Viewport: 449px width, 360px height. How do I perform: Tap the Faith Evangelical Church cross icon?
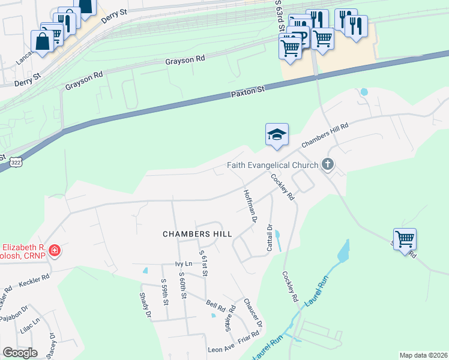coord(328,164)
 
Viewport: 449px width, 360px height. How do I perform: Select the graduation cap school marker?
coord(277,134)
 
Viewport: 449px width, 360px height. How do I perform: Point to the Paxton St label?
coord(247,93)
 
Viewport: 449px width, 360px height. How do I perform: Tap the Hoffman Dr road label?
coord(250,206)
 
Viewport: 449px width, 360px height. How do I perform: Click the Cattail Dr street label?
coord(270,237)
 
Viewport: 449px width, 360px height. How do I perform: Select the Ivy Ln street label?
coord(183,263)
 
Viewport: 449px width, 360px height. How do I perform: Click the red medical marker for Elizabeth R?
coord(55,250)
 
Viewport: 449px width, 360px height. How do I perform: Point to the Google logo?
coord(20,353)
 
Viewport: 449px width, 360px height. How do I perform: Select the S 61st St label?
coord(205,265)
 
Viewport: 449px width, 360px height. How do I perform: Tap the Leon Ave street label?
coord(220,349)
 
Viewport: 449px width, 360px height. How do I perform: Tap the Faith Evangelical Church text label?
coord(273,166)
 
